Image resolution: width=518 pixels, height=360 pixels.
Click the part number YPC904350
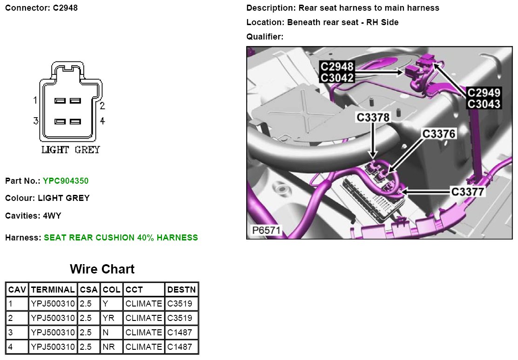(x=66, y=181)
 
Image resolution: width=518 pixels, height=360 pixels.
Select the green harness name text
(x=121, y=238)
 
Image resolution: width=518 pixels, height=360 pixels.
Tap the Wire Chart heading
(x=102, y=269)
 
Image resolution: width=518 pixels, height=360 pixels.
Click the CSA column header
(x=89, y=290)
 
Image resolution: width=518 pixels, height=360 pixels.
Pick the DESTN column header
(x=182, y=290)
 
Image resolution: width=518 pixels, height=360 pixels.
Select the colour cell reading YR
(x=108, y=318)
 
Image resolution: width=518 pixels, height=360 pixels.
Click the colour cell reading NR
(x=109, y=347)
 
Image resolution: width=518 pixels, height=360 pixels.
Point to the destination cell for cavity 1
(x=179, y=304)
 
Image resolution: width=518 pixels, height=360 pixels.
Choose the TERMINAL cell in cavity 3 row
(x=53, y=332)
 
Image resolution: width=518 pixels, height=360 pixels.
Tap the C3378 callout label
(x=373, y=117)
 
